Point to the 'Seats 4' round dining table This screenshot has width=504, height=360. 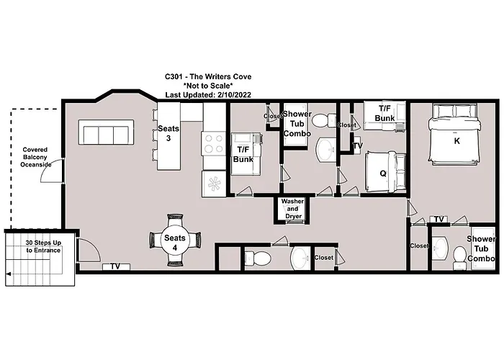coord(174,243)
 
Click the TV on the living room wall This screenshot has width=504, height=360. coord(115,267)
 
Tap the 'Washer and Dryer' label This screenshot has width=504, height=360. coord(292,209)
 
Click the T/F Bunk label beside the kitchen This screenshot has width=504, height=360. coord(243,154)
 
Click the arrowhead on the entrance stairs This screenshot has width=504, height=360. coord(8,274)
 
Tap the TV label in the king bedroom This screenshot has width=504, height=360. coord(438,220)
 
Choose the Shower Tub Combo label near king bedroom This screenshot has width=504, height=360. coord(481,248)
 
